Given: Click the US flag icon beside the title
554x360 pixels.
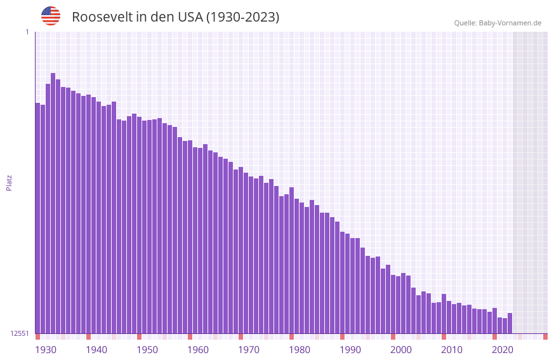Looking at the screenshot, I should coord(51,16).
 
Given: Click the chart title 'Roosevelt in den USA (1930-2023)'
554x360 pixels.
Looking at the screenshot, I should coord(175,17).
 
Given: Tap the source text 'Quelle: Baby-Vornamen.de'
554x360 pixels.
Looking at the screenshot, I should coord(498,23).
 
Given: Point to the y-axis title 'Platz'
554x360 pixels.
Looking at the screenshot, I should coord(9,182).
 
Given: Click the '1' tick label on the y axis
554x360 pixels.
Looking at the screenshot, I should coord(27,32).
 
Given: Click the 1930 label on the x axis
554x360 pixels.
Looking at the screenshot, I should coord(46,350).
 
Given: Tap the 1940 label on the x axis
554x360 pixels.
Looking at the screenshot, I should coord(96,350).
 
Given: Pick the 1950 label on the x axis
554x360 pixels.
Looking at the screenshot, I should coord(147,350).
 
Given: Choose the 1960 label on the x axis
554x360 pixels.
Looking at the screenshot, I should coord(198,350).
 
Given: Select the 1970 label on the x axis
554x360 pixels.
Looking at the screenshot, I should coord(249,350).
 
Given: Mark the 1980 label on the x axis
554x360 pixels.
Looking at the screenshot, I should coord(300,350).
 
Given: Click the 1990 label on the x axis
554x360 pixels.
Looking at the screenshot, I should coord(350,350).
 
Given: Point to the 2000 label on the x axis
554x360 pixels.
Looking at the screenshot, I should coord(401,350).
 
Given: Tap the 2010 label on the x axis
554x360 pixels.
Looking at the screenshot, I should coord(452,350).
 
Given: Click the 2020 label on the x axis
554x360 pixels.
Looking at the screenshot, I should coord(503,350).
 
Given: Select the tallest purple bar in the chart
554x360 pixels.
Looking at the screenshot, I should coord(53,203).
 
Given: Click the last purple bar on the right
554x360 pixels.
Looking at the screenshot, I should coord(510,323).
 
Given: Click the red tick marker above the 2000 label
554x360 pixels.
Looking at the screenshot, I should coord(393,337).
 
